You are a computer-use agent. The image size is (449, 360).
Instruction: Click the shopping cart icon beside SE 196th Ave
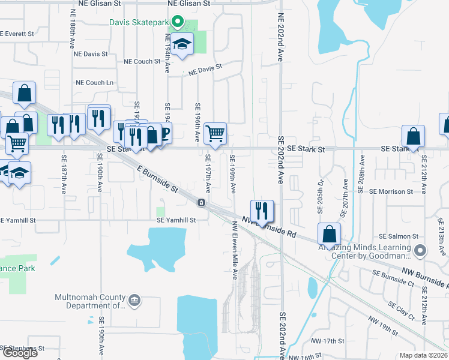[215, 134]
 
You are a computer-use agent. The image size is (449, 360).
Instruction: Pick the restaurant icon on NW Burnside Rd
[262, 211]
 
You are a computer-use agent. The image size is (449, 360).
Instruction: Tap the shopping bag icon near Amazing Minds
[329, 234]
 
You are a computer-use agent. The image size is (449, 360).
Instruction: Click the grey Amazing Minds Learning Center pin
[421, 250]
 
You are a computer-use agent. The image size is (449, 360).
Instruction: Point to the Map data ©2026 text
[424, 355]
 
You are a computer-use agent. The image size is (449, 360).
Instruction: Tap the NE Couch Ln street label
[94, 83]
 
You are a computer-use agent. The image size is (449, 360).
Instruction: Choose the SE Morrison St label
[391, 191]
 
